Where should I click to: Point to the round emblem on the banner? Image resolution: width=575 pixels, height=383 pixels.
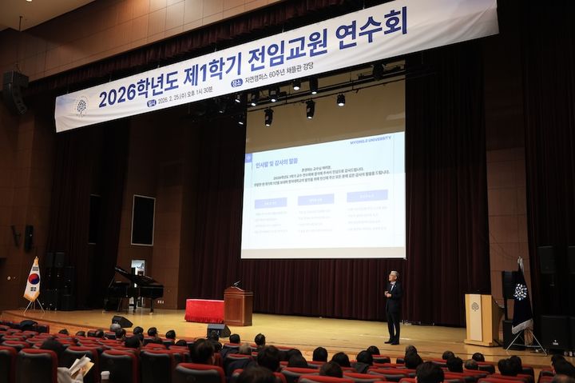pyautogui.click(x=81, y=107)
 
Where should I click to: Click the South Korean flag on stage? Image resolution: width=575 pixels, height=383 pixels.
pyautogui.click(x=33, y=280)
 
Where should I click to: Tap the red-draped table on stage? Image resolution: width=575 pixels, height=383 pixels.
pyautogui.click(x=204, y=310)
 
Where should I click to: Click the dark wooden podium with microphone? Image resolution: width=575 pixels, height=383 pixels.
pyautogui.click(x=238, y=305)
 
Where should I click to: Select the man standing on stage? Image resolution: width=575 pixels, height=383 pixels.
pyautogui.click(x=393, y=307)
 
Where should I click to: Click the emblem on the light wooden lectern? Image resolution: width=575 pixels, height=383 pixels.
pyautogui.click(x=475, y=306)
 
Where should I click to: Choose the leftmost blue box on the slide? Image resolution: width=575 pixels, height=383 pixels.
pyautogui.click(x=271, y=203)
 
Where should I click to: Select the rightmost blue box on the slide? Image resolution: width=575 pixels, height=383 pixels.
pyautogui.click(x=367, y=195)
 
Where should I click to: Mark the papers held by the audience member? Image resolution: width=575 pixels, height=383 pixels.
pyautogui.click(x=80, y=367)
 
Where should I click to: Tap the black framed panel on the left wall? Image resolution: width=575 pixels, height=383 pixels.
pyautogui.click(x=143, y=219)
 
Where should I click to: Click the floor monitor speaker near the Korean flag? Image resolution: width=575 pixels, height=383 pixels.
pyautogui.click(x=121, y=321)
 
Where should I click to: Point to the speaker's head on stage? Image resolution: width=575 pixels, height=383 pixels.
pyautogui.click(x=392, y=276)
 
